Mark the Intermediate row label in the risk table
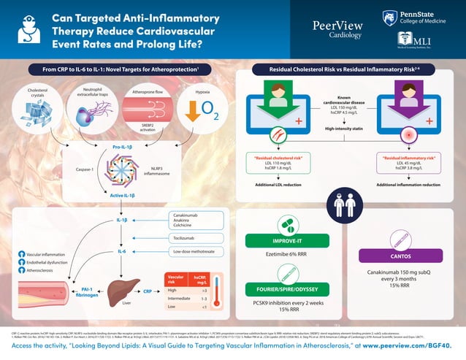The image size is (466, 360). click(180, 299)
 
